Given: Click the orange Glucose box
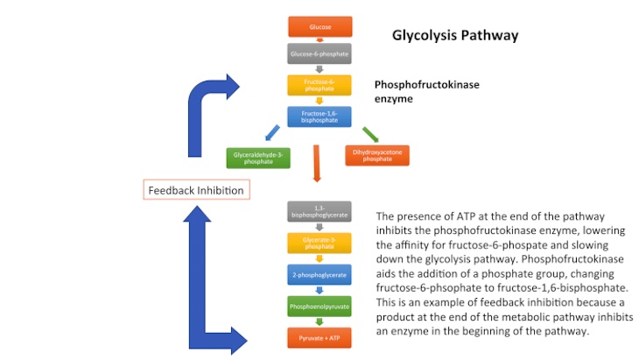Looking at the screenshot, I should click(x=319, y=27).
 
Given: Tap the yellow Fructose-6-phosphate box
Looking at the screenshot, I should click(x=319, y=85).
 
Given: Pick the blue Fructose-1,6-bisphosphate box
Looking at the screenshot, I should click(x=319, y=116).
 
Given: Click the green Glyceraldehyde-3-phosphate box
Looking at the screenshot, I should click(x=258, y=158).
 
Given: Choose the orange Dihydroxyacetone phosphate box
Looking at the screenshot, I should click(x=377, y=156).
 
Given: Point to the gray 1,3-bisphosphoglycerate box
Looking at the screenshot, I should click(x=319, y=211).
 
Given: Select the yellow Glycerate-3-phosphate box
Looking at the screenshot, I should click(x=319, y=243).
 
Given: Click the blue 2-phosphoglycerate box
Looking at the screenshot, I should click(x=319, y=274).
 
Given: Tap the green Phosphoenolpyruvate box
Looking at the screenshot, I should click(x=319, y=307).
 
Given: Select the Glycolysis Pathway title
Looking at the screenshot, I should click(x=454, y=36).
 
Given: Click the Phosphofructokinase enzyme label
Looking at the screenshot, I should click(x=426, y=92).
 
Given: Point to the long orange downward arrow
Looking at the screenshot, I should click(x=318, y=164).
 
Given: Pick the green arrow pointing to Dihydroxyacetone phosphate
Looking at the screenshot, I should click(x=370, y=134).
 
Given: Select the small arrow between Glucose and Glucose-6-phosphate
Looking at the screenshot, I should click(x=319, y=41).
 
